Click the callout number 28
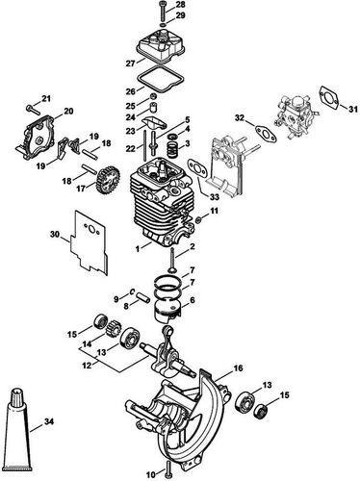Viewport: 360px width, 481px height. tap(181, 5)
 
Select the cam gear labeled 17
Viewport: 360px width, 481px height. tap(108, 177)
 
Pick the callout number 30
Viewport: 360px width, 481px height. tap(55, 235)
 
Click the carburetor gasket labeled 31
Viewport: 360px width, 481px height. tap(329, 97)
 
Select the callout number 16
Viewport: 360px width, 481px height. tap(238, 367)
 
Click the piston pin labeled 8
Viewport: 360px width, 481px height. tap(142, 296)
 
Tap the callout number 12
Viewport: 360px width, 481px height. tap(86, 366)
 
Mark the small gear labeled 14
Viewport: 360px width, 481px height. tap(112, 328)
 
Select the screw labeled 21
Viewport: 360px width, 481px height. tap(33, 109)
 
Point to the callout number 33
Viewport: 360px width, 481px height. tap(214, 196)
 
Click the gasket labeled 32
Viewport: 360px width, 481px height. tap(266, 134)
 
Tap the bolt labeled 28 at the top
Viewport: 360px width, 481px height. tap(163, 12)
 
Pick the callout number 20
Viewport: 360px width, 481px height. tap(68, 112)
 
